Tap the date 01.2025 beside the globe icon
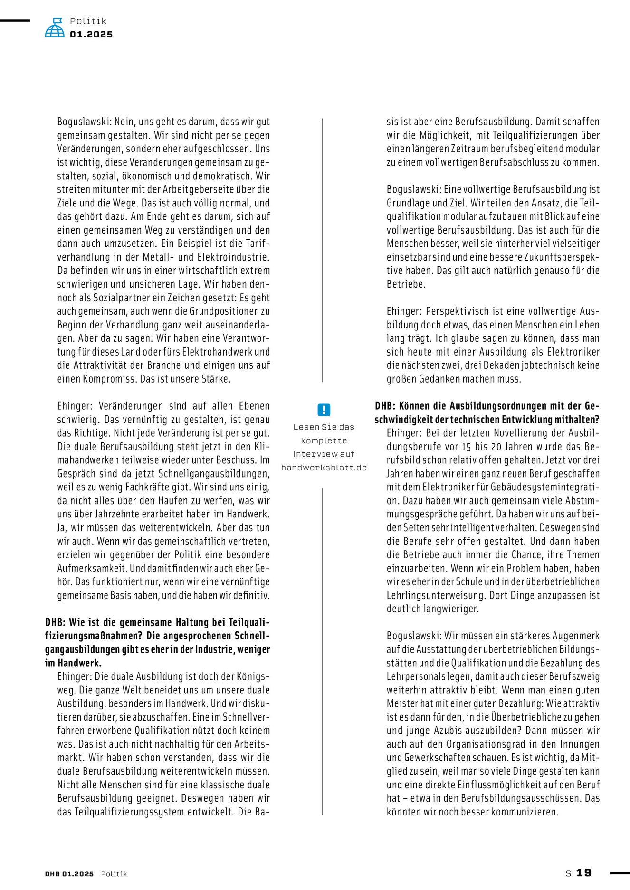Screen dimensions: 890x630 tap(91, 35)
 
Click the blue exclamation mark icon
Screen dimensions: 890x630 tap(324, 410)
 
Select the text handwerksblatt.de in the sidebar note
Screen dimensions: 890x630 tap(324, 468)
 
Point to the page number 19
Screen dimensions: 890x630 tap(584, 873)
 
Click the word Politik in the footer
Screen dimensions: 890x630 tap(114, 874)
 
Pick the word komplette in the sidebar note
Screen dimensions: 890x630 tap(324, 440)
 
